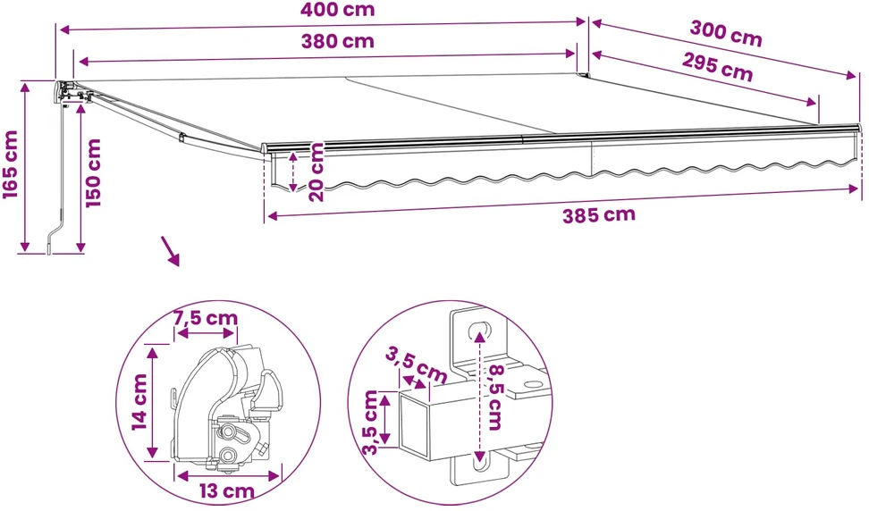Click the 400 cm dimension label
[x=337, y=10]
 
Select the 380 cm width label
[x=338, y=41]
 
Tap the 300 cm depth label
[x=725, y=33]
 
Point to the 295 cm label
[x=717, y=67]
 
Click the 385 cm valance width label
[x=598, y=214]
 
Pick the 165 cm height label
[x=11, y=164]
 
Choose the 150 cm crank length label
[x=93, y=172]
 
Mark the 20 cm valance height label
[x=316, y=172]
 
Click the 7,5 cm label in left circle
[x=206, y=318]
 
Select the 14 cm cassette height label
[x=139, y=402]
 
